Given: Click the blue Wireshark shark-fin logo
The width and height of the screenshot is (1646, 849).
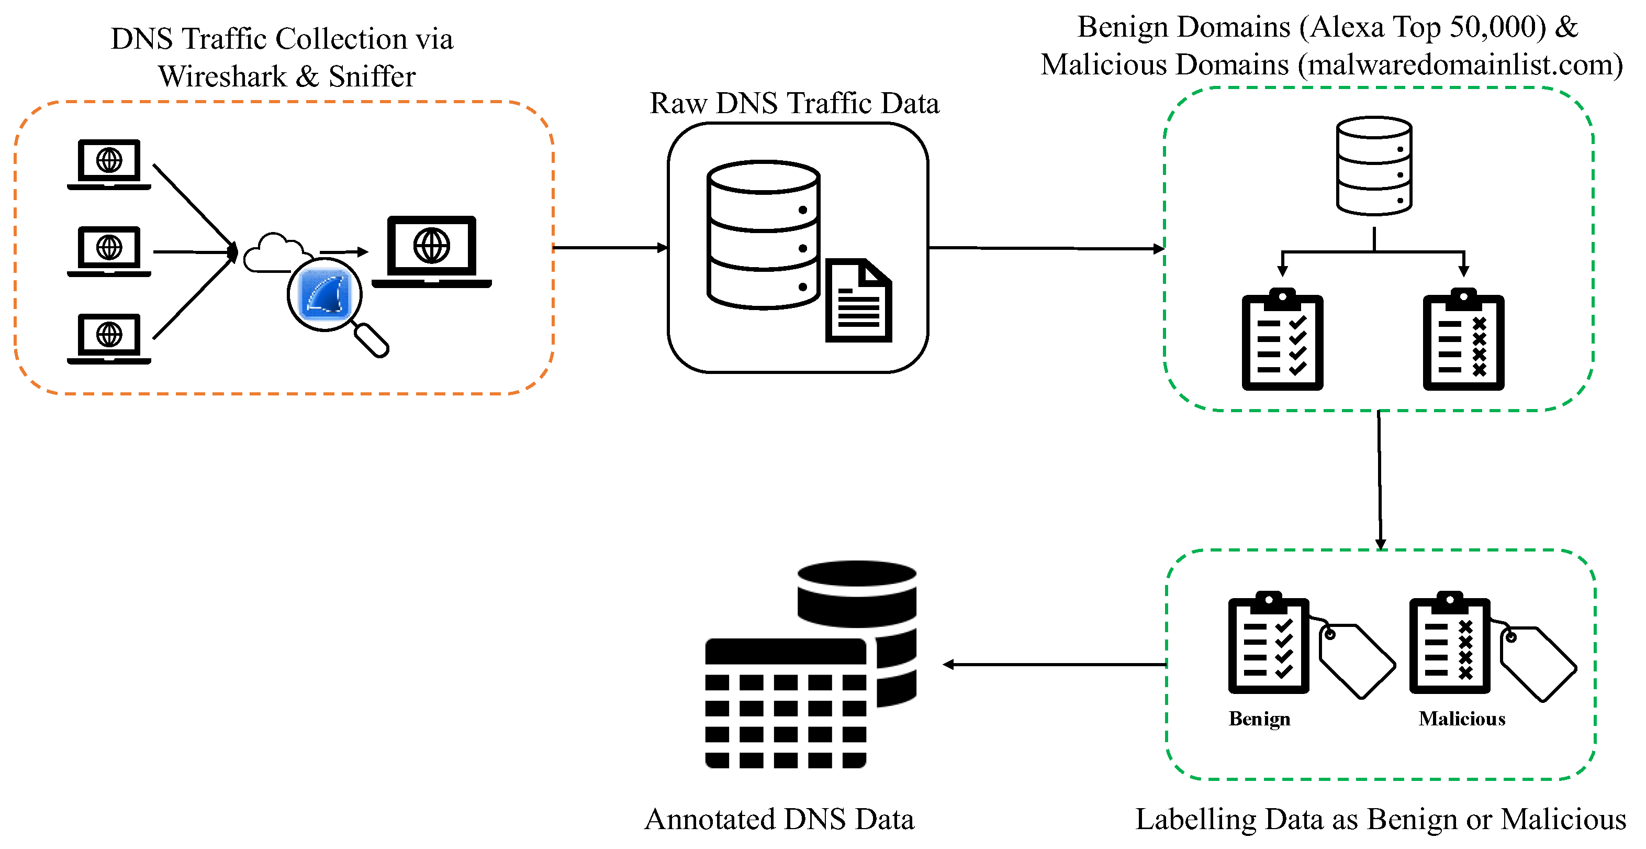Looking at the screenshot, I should [326, 294].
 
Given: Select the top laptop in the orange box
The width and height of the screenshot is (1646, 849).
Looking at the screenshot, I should [109, 163].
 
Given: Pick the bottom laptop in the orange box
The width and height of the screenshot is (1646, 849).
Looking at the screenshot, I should [109, 338].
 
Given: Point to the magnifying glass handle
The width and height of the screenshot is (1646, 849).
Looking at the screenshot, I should [372, 340].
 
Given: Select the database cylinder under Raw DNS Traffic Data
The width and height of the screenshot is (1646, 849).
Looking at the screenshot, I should [763, 235].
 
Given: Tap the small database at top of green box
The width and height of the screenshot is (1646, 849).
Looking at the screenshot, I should [1374, 166].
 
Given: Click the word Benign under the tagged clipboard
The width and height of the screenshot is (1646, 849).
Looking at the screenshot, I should [1259, 719].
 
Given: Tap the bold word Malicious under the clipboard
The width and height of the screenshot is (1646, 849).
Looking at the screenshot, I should [1462, 719].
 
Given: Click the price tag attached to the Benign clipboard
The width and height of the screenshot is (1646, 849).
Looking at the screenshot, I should [1356, 661].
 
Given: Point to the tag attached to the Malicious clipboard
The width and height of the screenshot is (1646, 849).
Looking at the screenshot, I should [1537, 664].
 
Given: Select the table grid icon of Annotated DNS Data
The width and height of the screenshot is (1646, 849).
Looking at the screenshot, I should [785, 703].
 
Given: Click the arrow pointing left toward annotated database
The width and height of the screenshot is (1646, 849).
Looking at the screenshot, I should [1054, 665].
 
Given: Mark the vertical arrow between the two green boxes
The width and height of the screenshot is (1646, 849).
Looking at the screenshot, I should [1380, 479].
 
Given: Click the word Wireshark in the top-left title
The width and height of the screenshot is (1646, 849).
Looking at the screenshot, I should [223, 76].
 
